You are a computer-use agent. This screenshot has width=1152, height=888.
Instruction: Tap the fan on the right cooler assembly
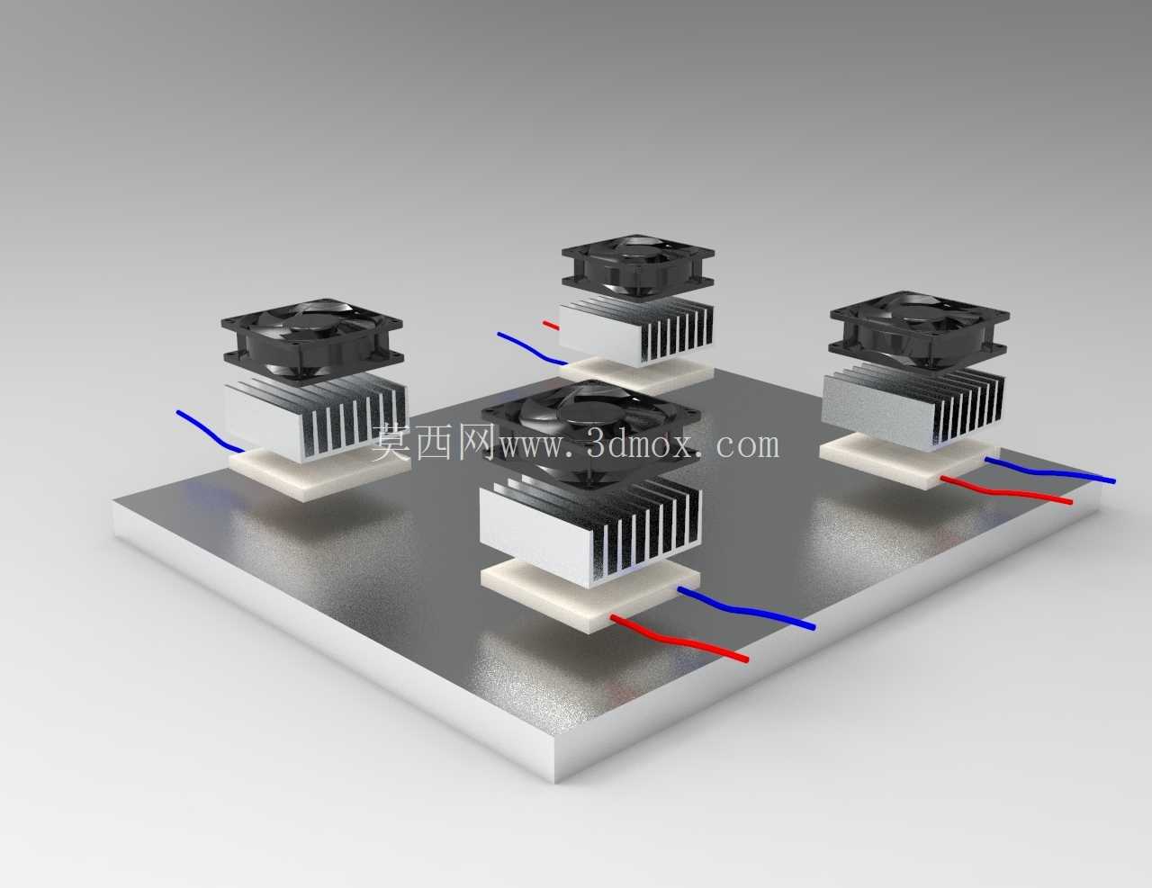pyautogui.click(x=920, y=328)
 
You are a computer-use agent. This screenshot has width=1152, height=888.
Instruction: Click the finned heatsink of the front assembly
pyautogui.click(x=591, y=529)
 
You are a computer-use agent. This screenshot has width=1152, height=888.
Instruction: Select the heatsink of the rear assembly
pyautogui.click(x=636, y=330)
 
